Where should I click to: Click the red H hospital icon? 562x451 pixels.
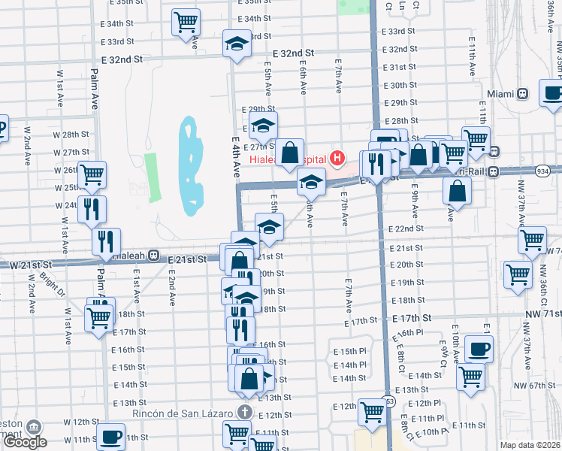pos(338,159)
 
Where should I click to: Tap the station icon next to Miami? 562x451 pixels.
pos(523,94)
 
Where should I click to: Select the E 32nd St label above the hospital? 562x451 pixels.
pos(293,54)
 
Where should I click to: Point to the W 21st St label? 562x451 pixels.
pos(29,265)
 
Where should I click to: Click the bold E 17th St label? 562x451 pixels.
pos(414,319)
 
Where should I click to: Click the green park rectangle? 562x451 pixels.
pos(153,177)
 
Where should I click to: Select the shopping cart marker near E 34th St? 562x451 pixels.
pos(186,21)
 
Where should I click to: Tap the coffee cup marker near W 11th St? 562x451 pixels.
pos(112,436)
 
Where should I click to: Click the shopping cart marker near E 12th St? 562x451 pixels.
pos(372,411)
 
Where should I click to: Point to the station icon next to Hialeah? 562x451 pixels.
pos(153,256)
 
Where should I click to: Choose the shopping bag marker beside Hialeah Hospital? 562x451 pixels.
pos(289,153)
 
